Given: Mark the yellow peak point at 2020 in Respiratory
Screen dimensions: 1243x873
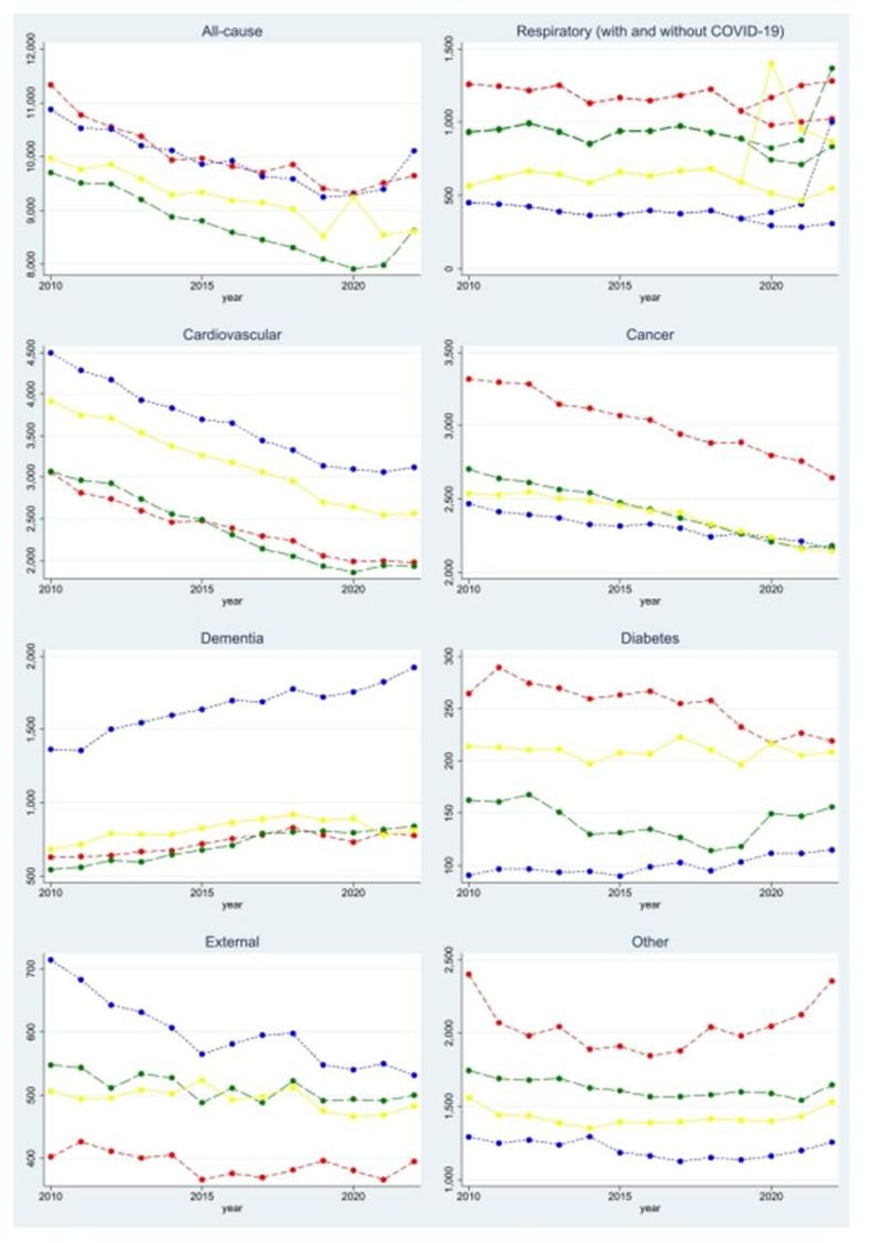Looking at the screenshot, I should click(771, 64).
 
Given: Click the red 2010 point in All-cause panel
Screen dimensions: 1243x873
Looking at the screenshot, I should click(50, 85).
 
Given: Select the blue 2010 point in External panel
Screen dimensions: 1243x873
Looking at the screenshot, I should click(50, 959).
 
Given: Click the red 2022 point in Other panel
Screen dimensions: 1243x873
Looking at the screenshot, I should click(831, 981).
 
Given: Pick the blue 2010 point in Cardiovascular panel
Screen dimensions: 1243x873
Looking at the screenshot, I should click(50, 353).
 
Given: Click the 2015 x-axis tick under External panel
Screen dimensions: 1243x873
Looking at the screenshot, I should click(201, 1199).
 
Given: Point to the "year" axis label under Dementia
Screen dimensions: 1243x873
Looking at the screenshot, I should click(232, 905).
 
